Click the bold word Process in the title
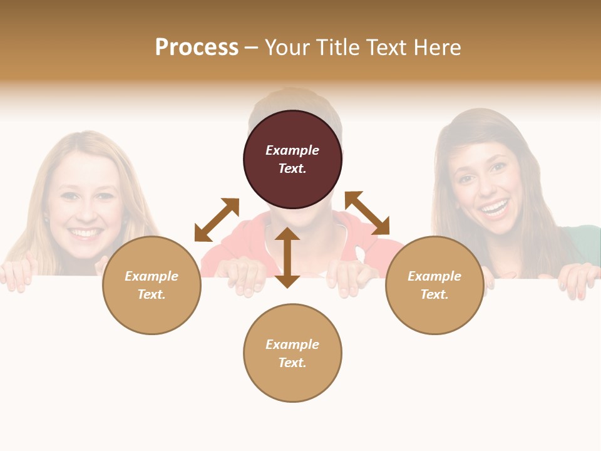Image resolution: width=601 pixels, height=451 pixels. click(x=197, y=48)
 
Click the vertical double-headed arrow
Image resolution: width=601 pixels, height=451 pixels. click(x=287, y=257)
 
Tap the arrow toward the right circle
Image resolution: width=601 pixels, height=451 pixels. click(x=367, y=213)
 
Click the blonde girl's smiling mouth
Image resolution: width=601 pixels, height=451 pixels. click(x=85, y=233)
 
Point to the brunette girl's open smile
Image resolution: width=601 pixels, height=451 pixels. click(x=495, y=207)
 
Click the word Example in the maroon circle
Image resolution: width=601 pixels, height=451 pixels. click(x=292, y=150)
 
